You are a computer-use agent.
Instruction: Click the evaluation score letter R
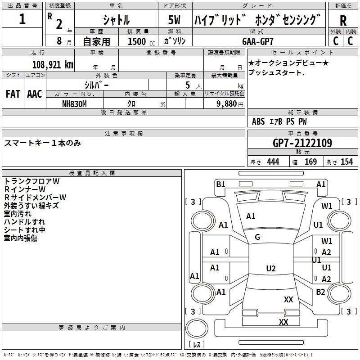(x=343, y=21)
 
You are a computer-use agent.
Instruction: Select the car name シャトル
(x=116, y=20)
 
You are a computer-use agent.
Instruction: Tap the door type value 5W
(x=175, y=20)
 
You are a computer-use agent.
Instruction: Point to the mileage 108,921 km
(x=53, y=64)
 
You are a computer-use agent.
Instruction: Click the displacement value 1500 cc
(x=140, y=41)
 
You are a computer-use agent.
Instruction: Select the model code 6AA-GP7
(x=258, y=41)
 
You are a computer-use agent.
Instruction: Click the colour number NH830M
(x=74, y=103)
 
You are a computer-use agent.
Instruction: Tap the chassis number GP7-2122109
(x=302, y=144)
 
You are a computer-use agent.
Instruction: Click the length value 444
(x=273, y=162)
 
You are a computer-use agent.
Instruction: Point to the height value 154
(x=346, y=162)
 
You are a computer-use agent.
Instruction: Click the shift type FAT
(x=13, y=94)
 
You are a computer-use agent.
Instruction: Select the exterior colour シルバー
(x=96, y=85)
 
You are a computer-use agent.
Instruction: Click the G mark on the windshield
(x=257, y=237)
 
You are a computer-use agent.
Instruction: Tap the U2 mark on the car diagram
(x=270, y=269)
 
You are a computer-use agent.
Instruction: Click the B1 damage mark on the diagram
(x=220, y=184)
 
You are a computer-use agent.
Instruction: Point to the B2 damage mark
(x=320, y=292)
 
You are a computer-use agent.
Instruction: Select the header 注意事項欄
(x=124, y=134)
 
